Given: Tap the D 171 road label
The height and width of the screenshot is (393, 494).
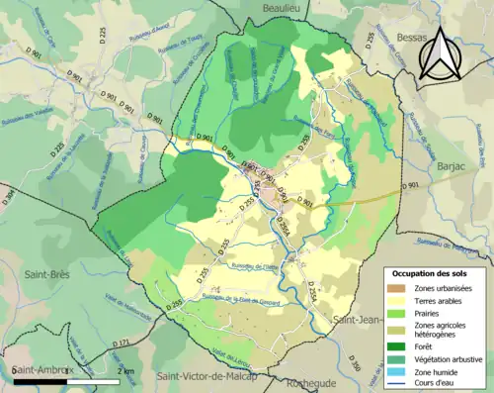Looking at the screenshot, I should (123, 343).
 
